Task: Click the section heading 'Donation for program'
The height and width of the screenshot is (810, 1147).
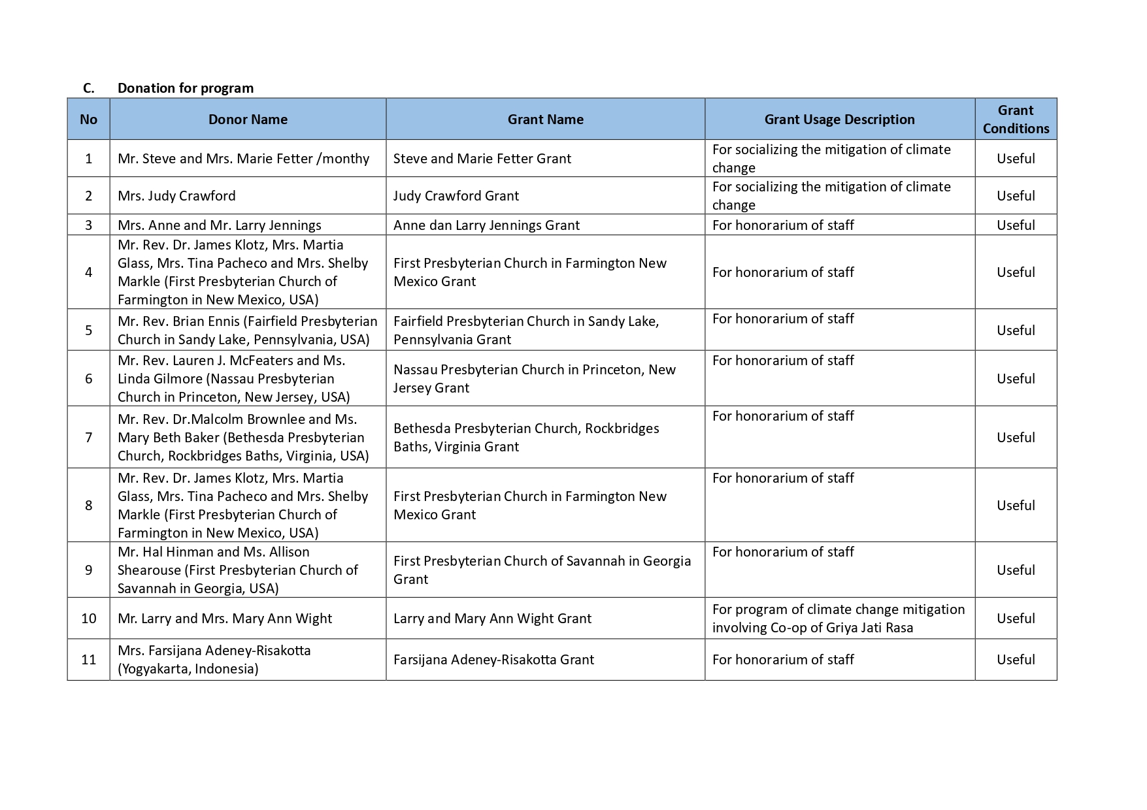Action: point(186,88)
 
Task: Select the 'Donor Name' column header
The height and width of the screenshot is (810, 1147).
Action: point(248,120)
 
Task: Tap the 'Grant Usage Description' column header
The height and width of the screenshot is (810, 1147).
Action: point(839,120)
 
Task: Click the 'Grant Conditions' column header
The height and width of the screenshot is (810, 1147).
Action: point(1015,120)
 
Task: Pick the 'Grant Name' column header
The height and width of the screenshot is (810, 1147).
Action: point(545,120)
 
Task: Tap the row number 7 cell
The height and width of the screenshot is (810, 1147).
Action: point(89,438)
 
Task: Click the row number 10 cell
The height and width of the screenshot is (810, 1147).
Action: point(89,619)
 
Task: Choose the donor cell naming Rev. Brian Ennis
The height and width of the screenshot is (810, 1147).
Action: point(247,331)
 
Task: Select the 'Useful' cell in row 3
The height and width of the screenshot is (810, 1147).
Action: point(1015,225)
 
